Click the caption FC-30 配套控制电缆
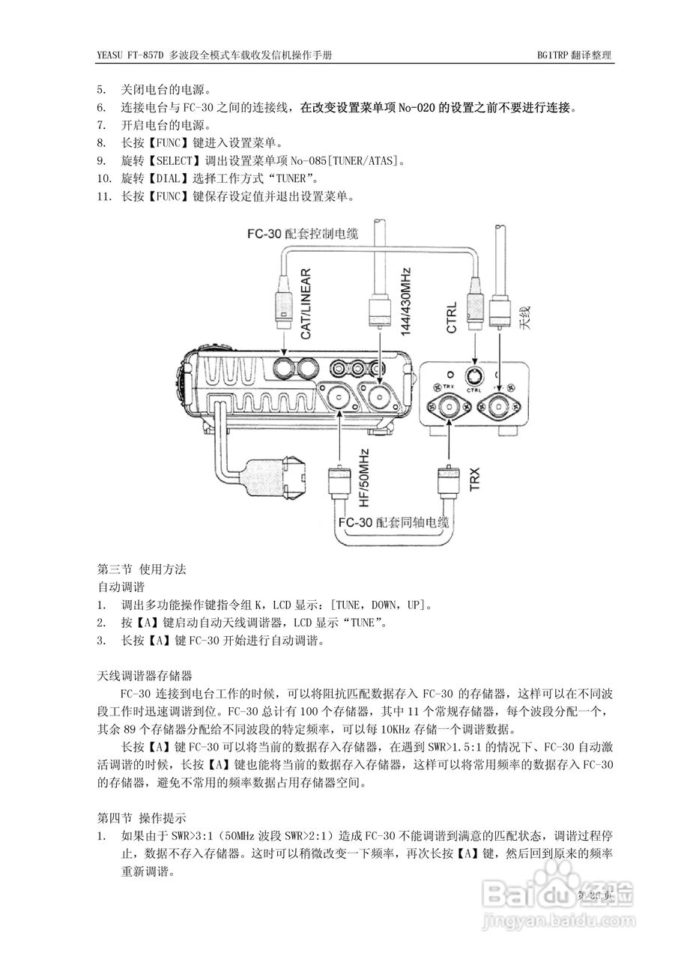click(x=303, y=233)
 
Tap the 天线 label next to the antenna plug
click(x=524, y=318)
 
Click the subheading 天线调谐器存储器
click(x=145, y=675)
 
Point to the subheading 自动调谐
click(x=121, y=586)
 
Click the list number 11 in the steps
click(x=104, y=196)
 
